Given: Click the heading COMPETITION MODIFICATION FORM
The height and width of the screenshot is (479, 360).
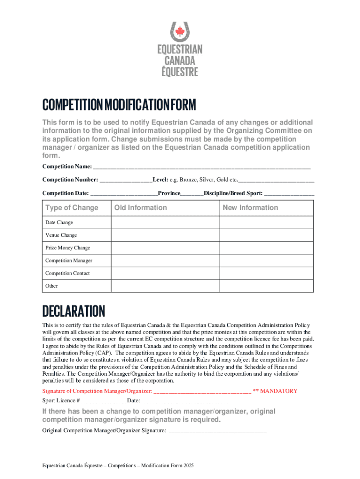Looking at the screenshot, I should click(119, 105).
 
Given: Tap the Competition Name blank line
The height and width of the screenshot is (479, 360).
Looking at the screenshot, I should click(202, 167).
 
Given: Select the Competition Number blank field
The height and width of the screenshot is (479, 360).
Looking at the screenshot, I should click(125, 180).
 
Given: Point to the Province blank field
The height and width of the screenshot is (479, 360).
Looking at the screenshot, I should click(192, 193).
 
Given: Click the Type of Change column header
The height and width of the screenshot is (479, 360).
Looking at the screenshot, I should click(72, 208).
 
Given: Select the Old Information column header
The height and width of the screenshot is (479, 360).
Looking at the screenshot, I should click(140, 208).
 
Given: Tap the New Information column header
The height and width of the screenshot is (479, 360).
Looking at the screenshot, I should click(250, 208).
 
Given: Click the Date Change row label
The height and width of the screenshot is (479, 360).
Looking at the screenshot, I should click(59, 223).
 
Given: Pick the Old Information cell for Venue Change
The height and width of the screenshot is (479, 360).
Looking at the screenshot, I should click(165, 235).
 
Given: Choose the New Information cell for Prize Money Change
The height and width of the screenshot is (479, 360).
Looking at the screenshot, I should click(266, 248).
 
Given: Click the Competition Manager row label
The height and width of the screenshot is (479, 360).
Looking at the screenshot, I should click(68, 261).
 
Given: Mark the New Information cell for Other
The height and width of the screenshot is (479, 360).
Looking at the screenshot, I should click(266, 286).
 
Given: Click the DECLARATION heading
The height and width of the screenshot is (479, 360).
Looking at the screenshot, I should click(73, 311).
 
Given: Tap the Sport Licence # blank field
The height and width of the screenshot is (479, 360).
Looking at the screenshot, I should click(103, 401).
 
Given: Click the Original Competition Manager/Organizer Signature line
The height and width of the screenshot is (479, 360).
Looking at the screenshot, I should click(217, 430).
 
